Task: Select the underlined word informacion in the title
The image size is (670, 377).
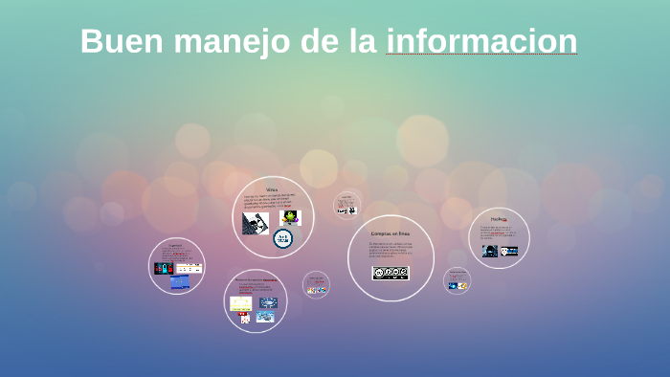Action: (481, 41)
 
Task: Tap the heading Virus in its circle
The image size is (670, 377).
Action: (272, 189)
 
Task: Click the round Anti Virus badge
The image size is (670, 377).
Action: (282, 239)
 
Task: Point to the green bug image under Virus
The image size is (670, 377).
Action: (288, 217)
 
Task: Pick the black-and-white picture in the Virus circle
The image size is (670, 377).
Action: (255, 223)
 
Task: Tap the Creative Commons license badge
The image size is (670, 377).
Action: (391, 273)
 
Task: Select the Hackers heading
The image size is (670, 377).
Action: (499, 219)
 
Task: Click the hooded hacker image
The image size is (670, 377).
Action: (489, 251)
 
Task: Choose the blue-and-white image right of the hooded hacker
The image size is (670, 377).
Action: (509, 251)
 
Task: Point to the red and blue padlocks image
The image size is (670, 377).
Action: (164, 268)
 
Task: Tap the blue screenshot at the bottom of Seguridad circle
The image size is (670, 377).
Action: (180, 282)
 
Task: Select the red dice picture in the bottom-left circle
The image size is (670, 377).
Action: (245, 319)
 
